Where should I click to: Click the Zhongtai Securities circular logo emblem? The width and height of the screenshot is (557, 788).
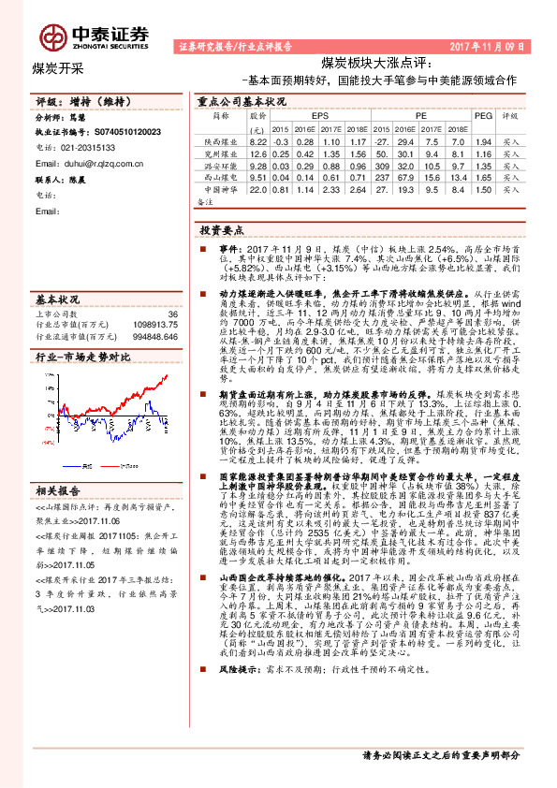click(50, 33)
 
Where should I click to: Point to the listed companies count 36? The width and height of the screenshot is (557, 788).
click(171, 314)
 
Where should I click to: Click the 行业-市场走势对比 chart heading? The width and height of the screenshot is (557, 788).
click(82, 358)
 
